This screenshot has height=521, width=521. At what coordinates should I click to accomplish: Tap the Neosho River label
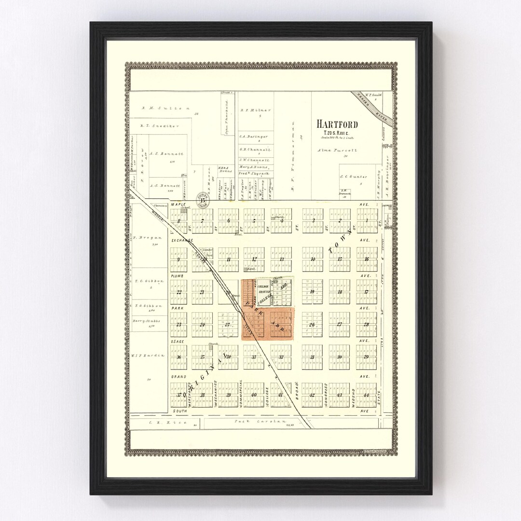[372, 105]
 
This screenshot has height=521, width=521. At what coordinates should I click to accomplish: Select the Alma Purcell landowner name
[337, 151]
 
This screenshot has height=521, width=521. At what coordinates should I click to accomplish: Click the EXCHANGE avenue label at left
[181, 240]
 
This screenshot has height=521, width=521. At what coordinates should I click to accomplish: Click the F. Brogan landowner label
[144, 238]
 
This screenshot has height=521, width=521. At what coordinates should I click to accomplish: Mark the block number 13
[281, 260]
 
